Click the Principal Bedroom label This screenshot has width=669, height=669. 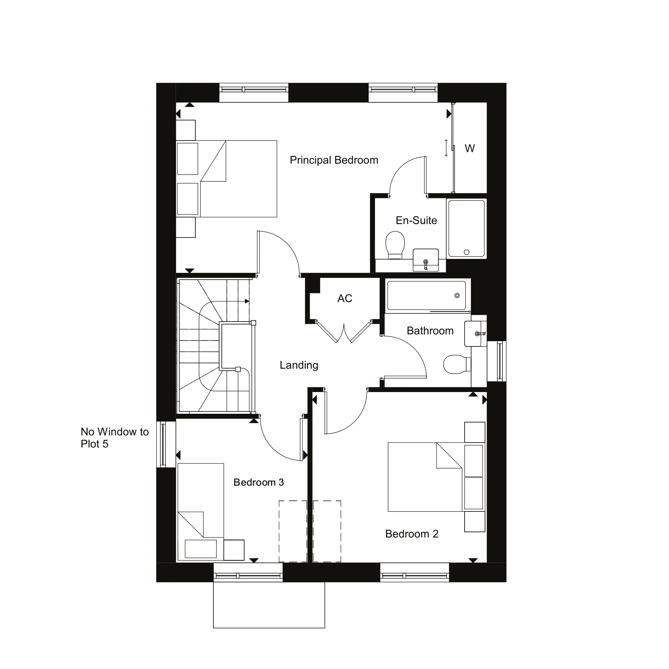click(x=334, y=160)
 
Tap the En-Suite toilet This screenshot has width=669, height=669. click(x=395, y=244)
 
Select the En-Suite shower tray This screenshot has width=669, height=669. click(x=466, y=228)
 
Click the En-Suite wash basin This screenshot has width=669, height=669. click(x=425, y=260)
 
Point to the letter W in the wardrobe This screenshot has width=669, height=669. click(x=470, y=149)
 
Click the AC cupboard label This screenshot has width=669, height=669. click(x=345, y=298)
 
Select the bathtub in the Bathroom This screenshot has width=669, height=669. click(x=426, y=295)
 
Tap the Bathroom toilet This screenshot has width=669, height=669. click(x=456, y=364)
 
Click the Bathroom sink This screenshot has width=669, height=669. click(x=475, y=333)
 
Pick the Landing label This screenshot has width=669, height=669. click(x=299, y=365)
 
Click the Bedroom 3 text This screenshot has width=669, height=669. click(x=258, y=482)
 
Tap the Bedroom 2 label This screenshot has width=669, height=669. click(x=411, y=534)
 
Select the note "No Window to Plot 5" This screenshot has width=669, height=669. click(x=114, y=438)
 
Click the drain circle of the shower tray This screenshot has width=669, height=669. click(x=466, y=252)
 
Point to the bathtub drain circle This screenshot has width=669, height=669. click(x=457, y=295)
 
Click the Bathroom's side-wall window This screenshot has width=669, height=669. click(x=500, y=361)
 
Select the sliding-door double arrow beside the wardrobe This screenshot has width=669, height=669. click(x=446, y=148)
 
